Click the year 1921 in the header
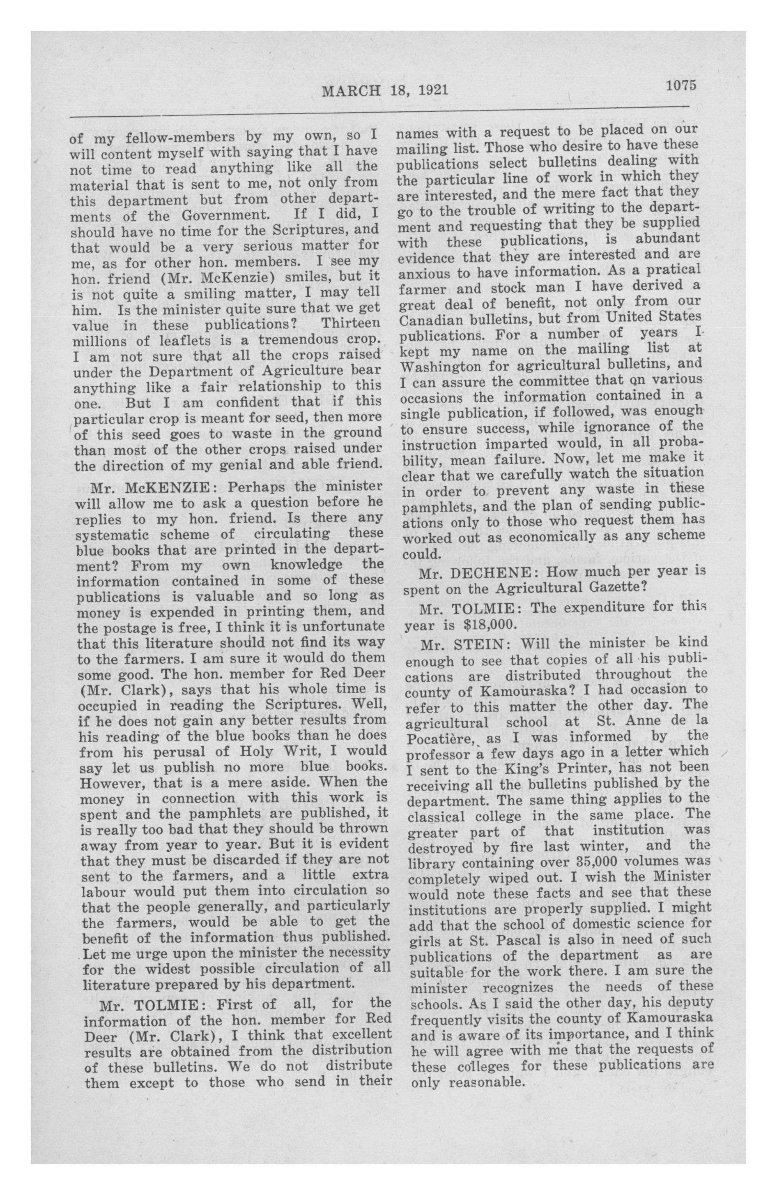(432, 90)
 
